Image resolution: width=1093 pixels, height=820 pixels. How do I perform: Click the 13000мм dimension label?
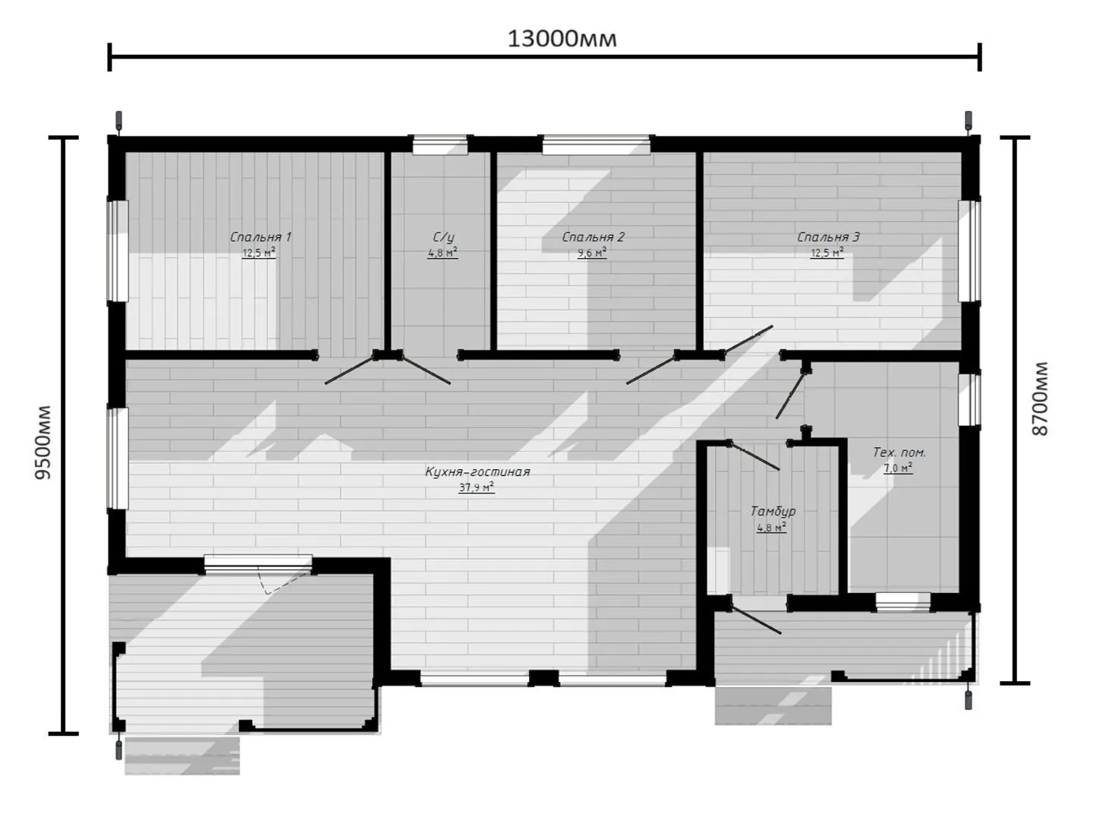click(562, 39)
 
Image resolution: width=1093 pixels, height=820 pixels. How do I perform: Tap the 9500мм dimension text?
click(43, 443)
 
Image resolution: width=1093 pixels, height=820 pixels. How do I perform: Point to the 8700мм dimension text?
click(1039, 399)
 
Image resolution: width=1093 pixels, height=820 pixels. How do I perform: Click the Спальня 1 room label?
click(260, 237)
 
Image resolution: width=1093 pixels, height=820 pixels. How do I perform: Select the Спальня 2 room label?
click(593, 237)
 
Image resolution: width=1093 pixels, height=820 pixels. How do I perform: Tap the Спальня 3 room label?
click(828, 237)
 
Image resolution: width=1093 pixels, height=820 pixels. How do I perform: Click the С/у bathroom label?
click(443, 237)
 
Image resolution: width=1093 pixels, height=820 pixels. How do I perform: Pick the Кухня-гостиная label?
click(477, 471)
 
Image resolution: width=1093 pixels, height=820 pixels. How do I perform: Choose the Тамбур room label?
click(773, 511)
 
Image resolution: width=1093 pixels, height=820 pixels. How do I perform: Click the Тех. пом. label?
click(899, 453)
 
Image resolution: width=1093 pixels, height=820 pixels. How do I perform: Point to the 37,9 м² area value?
click(477, 487)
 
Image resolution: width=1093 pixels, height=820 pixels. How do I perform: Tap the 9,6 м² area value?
click(591, 253)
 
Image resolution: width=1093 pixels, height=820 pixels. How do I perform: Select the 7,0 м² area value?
click(898, 468)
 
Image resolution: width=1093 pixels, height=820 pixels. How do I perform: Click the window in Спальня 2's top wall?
click(596, 145)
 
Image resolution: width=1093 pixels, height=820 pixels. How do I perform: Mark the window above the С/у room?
click(440, 145)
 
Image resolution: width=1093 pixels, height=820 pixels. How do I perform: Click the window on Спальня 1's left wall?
click(118, 251)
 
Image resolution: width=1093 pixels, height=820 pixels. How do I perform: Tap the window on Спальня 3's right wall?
click(970, 251)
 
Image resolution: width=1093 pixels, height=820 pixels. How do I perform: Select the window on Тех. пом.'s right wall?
click(970, 400)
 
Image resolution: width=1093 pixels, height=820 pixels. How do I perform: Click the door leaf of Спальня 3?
click(748, 340)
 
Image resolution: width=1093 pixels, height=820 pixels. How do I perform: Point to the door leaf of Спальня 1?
click(351, 370)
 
